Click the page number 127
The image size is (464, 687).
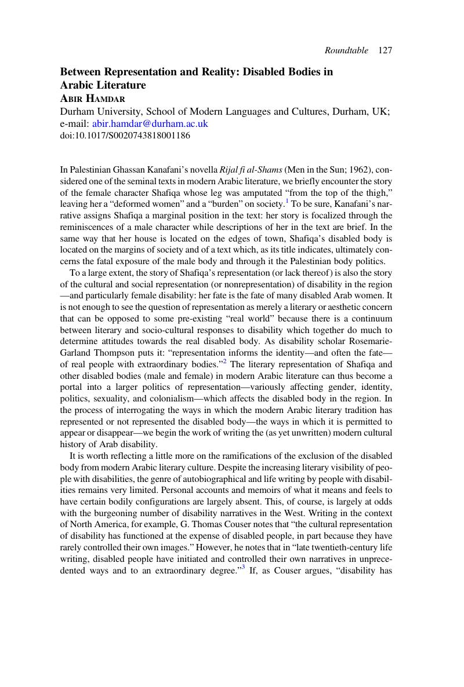(x=385, y=50)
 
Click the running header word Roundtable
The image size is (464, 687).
(x=346, y=50)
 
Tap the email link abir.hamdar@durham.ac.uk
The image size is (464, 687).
(x=150, y=123)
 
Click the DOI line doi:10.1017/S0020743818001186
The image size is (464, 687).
(x=125, y=136)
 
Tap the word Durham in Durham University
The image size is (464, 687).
(x=78, y=111)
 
